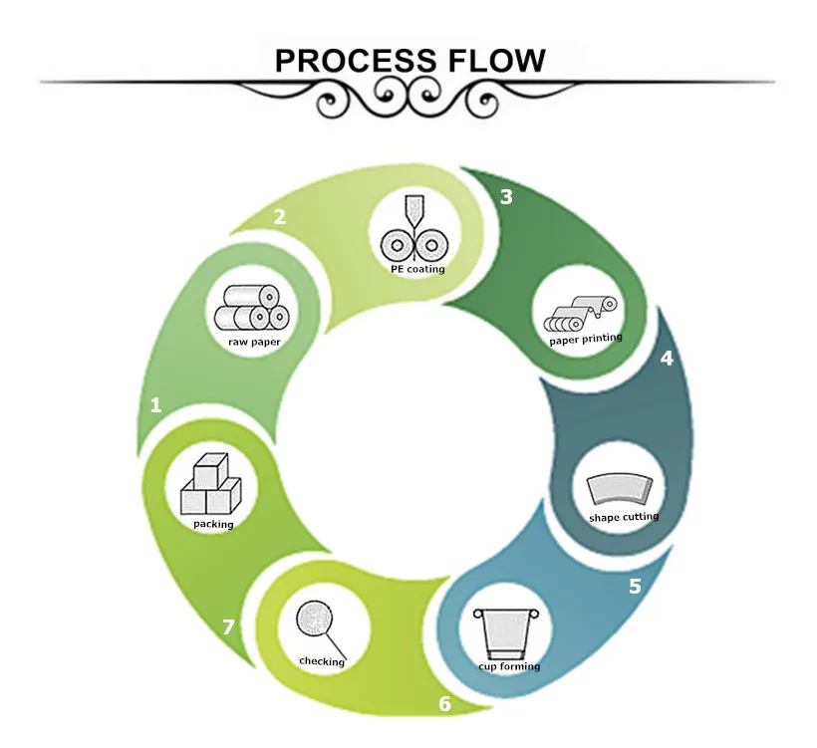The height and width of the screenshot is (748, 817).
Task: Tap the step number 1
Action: pos(155,404)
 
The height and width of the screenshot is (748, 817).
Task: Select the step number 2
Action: pos(280,216)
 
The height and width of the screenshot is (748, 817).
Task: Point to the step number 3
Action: pos(506,196)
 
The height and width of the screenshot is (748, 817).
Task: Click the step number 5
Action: pos(635,586)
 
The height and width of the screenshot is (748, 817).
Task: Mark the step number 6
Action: pos(444,705)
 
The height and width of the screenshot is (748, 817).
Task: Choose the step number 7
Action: pos(229,626)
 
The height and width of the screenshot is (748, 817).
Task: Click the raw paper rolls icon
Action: pos(252,309)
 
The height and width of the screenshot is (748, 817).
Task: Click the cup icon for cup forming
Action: pos(506,629)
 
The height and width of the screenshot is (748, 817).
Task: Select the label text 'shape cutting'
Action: pos(624,517)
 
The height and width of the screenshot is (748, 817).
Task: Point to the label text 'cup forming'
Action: pos(508,666)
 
